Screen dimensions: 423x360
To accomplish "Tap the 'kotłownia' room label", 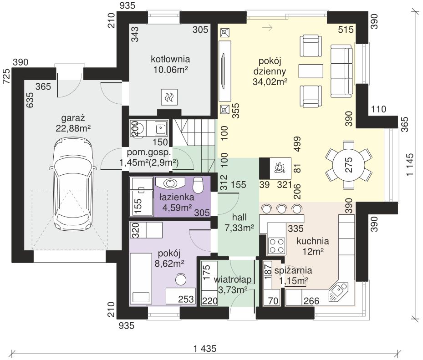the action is (x=170, y=59).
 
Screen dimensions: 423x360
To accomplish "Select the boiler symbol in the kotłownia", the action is (x=169, y=97).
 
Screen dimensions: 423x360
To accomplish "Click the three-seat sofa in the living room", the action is (x=341, y=71).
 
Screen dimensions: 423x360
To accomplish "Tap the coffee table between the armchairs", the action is (x=311, y=71).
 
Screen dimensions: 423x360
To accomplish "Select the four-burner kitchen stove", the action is (x=276, y=245).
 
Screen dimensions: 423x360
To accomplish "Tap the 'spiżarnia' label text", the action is (x=289, y=270).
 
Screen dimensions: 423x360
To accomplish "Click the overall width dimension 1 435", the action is (x=205, y=349).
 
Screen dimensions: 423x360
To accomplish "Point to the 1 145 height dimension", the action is (x=410, y=164).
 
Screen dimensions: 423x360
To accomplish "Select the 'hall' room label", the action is (x=240, y=217).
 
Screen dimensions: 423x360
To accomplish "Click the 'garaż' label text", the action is (x=73, y=118).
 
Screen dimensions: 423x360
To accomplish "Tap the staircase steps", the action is (x=195, y=146).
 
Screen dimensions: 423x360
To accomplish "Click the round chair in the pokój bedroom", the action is (x=181, y=279).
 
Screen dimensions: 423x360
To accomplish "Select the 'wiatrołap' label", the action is (x=233, y=279).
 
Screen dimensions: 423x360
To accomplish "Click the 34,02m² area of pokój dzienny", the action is (x=270, y=81).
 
